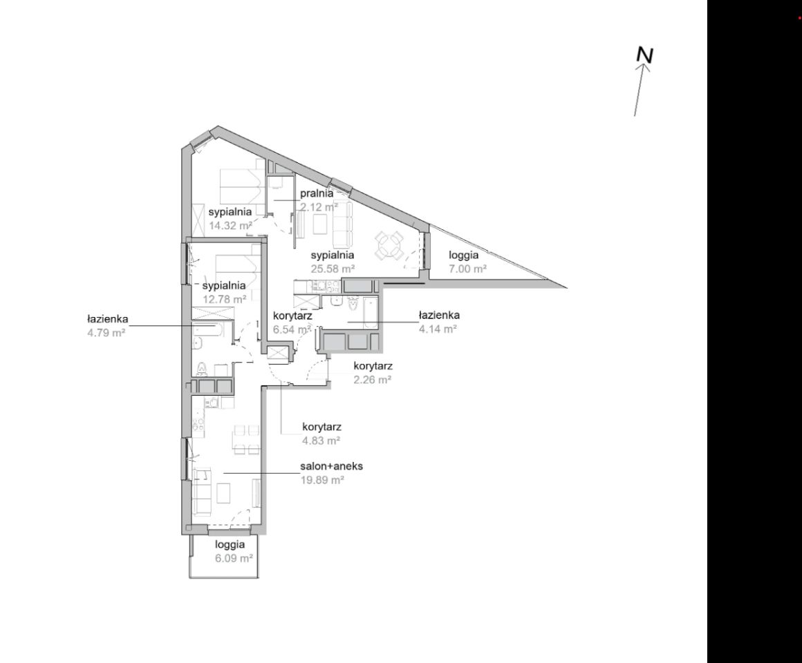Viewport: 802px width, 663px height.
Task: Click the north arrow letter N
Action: tap(645, 55)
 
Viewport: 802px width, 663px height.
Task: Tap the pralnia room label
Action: tap(317, 193)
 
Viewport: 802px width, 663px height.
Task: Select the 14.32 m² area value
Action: tap(231, 225)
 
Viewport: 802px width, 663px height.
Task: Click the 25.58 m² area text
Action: tap(333, 268)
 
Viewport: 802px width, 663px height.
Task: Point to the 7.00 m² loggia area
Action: tap(467, 268)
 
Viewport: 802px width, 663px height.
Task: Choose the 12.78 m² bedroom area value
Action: tap(225, 299)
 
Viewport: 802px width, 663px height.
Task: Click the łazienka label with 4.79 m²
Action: tap(107, 320)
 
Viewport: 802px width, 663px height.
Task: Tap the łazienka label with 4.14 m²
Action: tap(439, 315)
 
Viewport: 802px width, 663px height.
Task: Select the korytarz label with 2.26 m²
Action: tap(373, 366)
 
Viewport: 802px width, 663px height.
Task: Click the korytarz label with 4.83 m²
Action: tap(321, 427)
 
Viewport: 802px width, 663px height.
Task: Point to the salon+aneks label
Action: tap(332, 466)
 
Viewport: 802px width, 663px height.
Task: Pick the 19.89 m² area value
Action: tap(321, 479)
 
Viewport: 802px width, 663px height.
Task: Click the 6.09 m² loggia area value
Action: tap(234, 558)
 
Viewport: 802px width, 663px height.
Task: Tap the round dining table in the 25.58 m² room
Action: tap(389, 245)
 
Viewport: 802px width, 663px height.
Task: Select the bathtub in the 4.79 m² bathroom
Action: tap(207, 331)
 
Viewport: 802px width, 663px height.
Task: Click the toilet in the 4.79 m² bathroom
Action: tap(202, 368)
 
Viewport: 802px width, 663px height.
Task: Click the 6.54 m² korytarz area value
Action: tap(292, 329)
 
